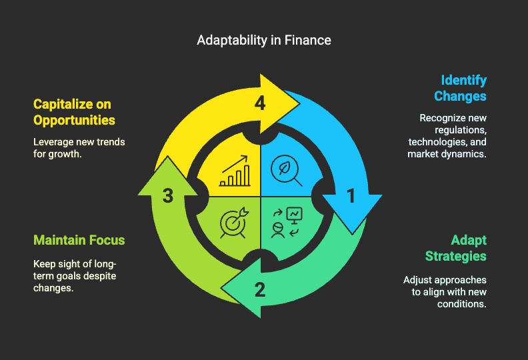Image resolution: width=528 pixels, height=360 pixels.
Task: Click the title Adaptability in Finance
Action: pyautogui.click(x=264, y=41)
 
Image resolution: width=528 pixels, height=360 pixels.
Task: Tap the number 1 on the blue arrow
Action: pyautogui.click(x=351, y=196)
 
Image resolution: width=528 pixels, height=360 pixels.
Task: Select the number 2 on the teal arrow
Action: pyautogui.click(x=260, y=289)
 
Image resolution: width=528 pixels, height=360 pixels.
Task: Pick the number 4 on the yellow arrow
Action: pyautogui.click(x=260, y=103)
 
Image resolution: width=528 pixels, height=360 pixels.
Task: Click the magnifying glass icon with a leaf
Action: pyautogui.click(x=286, y=171)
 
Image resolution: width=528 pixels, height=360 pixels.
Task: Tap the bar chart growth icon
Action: pyautogui.click(x=235, y=171)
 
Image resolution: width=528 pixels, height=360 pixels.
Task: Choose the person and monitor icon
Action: pyautogui.click(x=287, y=222)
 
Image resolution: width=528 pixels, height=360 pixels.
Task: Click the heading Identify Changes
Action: pyautogui.click(x=460, y=88)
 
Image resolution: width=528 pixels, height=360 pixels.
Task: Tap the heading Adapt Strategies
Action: pyautogui.click(x=456, y=248)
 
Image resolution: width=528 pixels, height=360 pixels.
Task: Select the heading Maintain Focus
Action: pyautogui.click(x=79, y=240)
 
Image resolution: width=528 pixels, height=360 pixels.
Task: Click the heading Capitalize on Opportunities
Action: pyautogui.click(x=74, y=112)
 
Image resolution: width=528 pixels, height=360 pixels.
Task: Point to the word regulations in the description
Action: pyautogui.click(x=461, y=130)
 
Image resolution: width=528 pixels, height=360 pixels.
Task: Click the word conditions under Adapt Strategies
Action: pyautogui.click(x=461, y=304)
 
